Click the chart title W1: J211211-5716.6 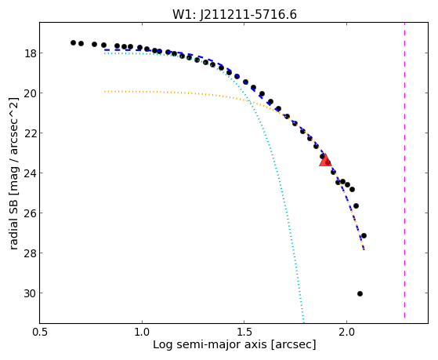pos(234,15)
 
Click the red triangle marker pos(325,160)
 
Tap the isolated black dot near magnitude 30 pos(360,293)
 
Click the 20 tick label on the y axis pos(29,93)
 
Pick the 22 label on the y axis pos(29,133)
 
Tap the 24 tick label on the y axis pos(29,173)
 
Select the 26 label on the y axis pos(29,213)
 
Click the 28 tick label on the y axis pos(29,253)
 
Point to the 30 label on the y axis pos(29,293)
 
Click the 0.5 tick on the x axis pos(40,332)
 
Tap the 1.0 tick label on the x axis pos(142,332)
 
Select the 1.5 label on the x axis pos(244,332)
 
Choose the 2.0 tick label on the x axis pos(346,332)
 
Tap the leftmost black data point pos(73,43)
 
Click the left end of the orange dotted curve pos(104,92)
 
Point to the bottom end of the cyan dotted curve pos(303,322)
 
